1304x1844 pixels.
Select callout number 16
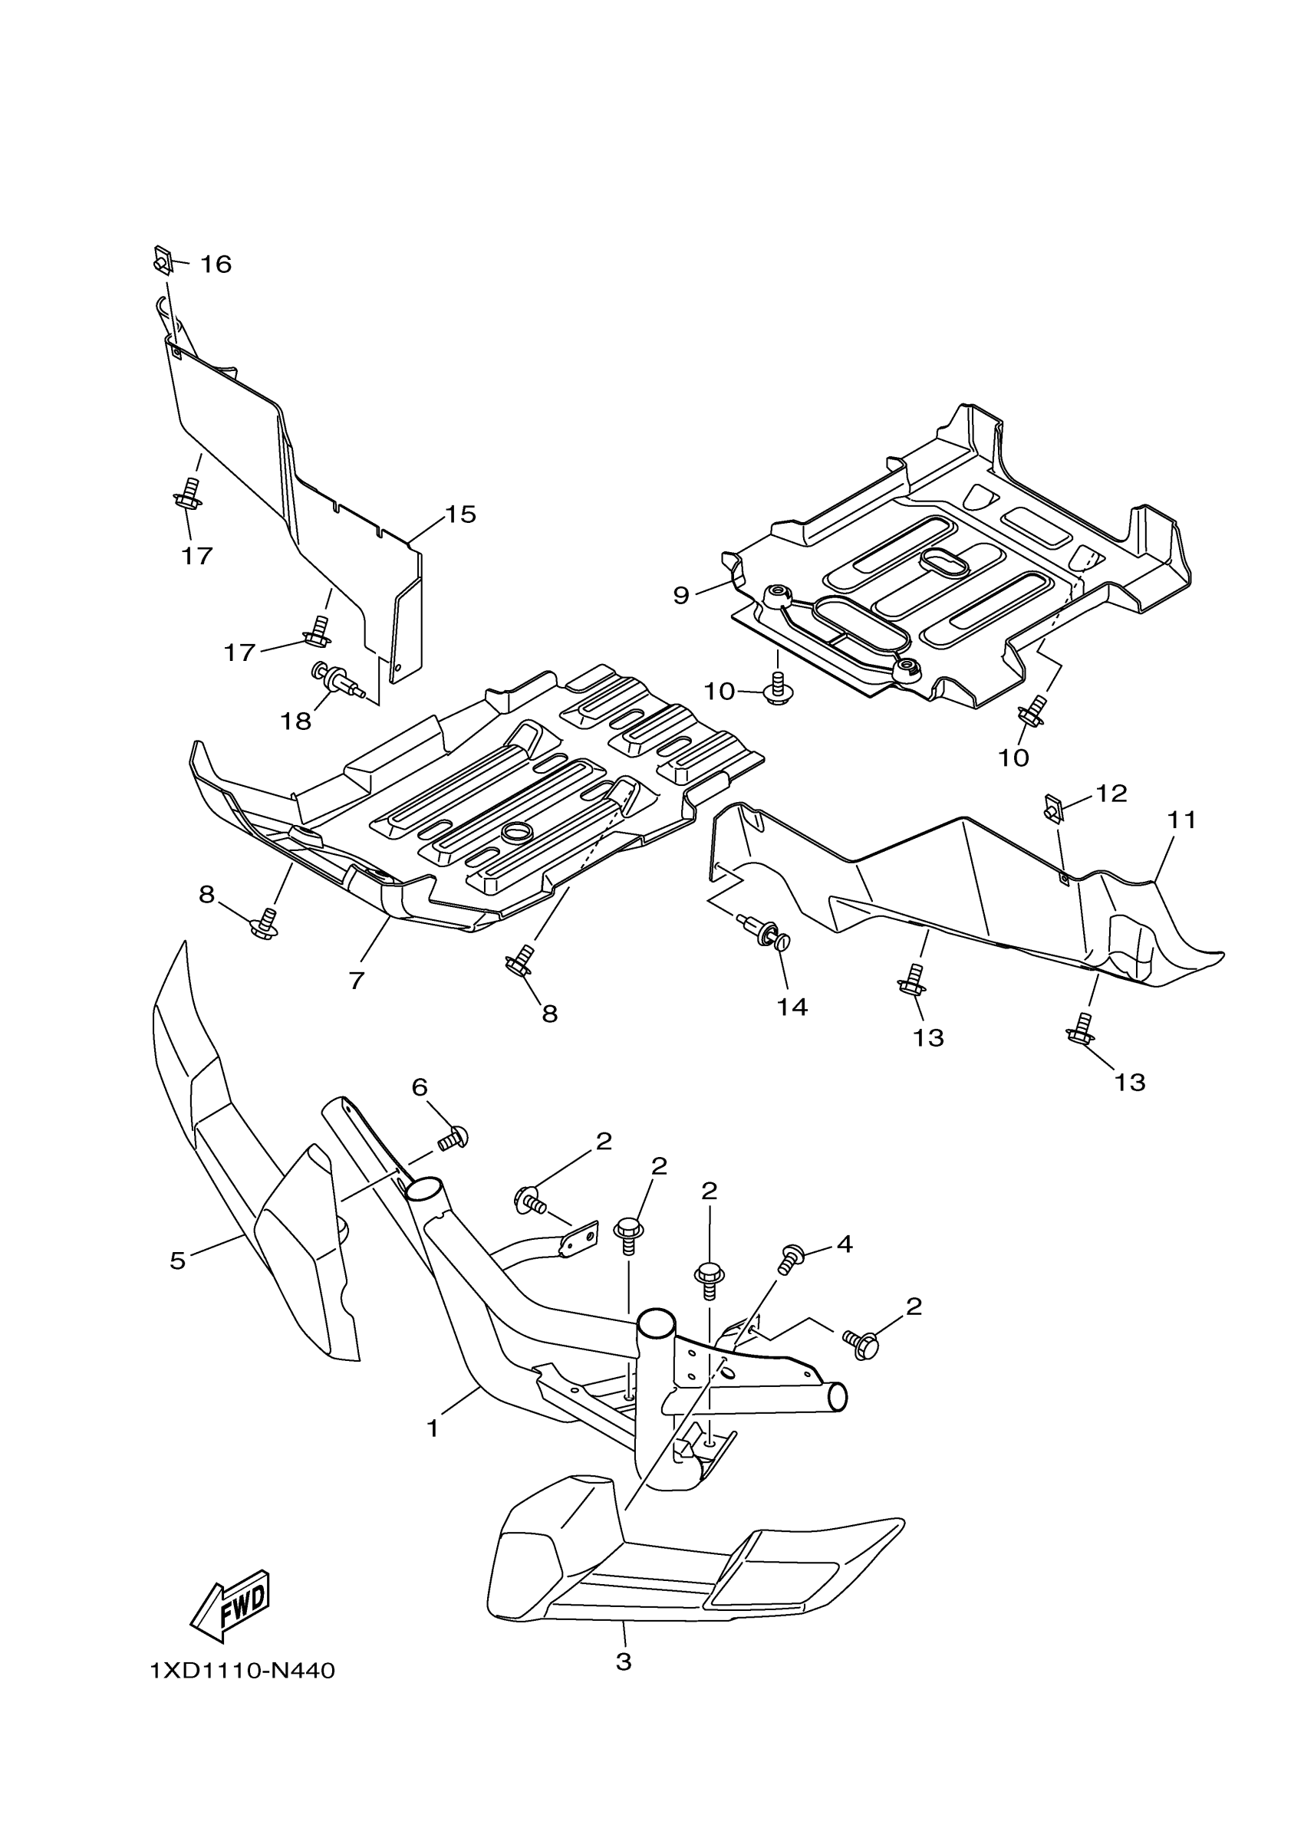point(216,265)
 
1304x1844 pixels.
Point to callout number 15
point(461,514)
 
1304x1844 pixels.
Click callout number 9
point(680,595)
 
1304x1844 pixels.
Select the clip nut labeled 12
point(1053,808)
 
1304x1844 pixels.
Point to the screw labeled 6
point(453,1138)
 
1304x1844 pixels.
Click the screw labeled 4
point(791,1258)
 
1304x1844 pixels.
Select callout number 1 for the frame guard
point(433,1428)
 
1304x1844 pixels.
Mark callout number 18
point(295,721)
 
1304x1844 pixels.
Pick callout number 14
point(792,1006)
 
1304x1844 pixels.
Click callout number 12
point(1111,794)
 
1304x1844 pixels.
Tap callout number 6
point(420,1087)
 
